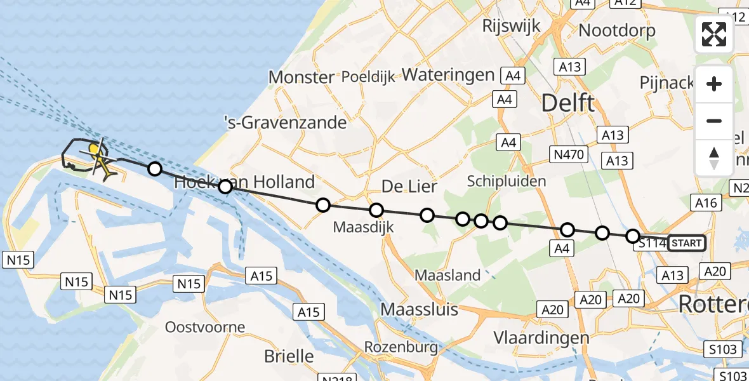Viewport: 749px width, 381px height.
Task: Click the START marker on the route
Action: click(x=686, y=243)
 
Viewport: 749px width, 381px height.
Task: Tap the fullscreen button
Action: click(x=714, y=34)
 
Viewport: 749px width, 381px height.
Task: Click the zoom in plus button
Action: click(x=714, y=84)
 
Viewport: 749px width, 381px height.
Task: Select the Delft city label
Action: click(x=567, y=103)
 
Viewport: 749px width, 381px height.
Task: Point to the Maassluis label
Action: click(x=419, y=310)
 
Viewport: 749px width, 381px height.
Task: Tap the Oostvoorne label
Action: click(x=205, y=328)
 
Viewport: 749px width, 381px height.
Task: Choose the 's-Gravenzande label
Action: click(x=286, y=122)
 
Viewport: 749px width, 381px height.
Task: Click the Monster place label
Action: click(x=301, y=77)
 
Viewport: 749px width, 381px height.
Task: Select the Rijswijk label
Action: click(x=511, y=26)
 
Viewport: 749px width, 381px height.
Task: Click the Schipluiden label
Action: click(x=506, y=181)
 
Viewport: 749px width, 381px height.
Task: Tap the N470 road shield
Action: click(x=569, y=154)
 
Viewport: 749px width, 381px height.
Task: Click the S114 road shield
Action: click(x=650, y=243)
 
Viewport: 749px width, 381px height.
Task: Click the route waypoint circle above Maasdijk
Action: click(x=376, y=210)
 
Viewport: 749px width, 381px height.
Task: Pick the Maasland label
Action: click(x=447, y=276)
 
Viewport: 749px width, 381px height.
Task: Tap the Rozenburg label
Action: click(x=401, y=347)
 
